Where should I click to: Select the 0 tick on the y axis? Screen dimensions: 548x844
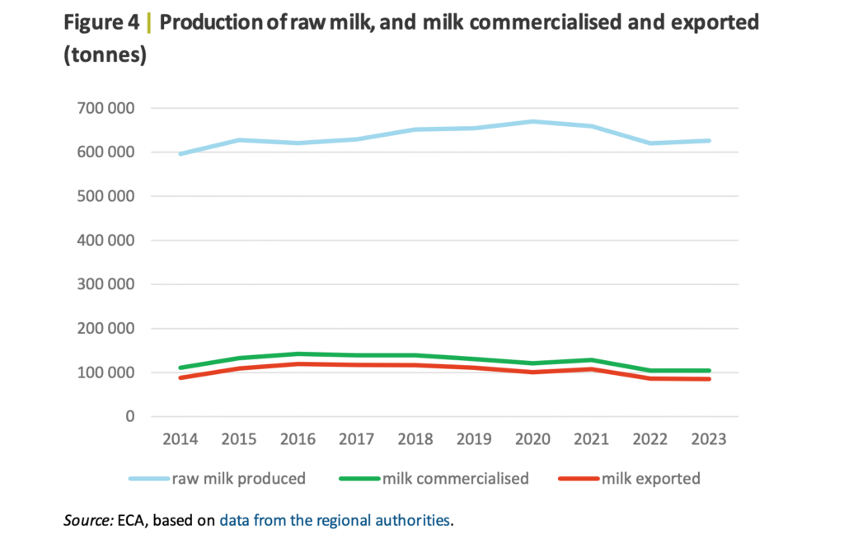(x=129, y=416)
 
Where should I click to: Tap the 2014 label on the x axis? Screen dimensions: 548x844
(x=180, y=439)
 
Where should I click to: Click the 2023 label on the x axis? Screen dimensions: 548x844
(x=709, y=439)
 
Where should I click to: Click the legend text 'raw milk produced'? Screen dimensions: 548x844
(x=238, y=478)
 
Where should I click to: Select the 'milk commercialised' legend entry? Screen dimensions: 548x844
(x=455, y=478)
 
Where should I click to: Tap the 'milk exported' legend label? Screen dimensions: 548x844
(x=651, y=478)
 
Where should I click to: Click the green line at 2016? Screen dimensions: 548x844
(x=298, y=354)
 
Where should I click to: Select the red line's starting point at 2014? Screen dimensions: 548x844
(x=180, y=377)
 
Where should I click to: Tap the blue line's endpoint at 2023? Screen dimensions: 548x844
(x=709, y=141)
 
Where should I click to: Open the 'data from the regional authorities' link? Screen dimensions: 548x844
(x=335, y=520)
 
